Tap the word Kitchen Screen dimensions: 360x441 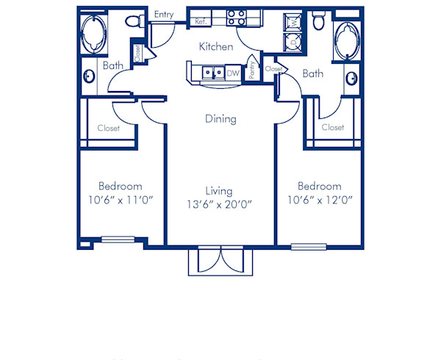217,47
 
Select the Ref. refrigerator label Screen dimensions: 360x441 200,22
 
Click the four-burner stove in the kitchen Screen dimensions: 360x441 236,17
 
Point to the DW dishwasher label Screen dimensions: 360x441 233,73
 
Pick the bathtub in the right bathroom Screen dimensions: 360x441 344,41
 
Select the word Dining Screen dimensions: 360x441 220,119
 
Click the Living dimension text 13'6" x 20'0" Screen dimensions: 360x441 220,204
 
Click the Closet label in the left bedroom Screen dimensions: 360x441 109,129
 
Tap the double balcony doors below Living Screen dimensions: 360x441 220,261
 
